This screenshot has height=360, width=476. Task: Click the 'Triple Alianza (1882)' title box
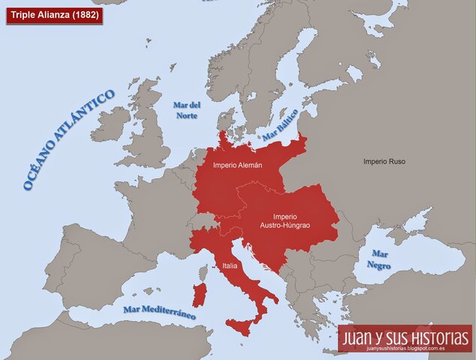[x=54, y=14]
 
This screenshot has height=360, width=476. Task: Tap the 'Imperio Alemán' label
[x=237, y=165]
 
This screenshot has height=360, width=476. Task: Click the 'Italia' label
[x=230, y=265]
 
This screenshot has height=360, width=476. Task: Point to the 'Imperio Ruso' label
[x=384, y=161]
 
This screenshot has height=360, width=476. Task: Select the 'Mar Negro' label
[x=378, y=259]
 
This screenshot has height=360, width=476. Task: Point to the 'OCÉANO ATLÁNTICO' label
[x=68, y=139]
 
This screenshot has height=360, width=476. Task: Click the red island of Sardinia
[x=199, y=295]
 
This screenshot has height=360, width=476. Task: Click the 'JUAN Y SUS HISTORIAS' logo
[x=405, y=336]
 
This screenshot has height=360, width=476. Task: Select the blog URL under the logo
[x=405, y=348]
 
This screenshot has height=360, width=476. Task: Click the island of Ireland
[x=109, y=124]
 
